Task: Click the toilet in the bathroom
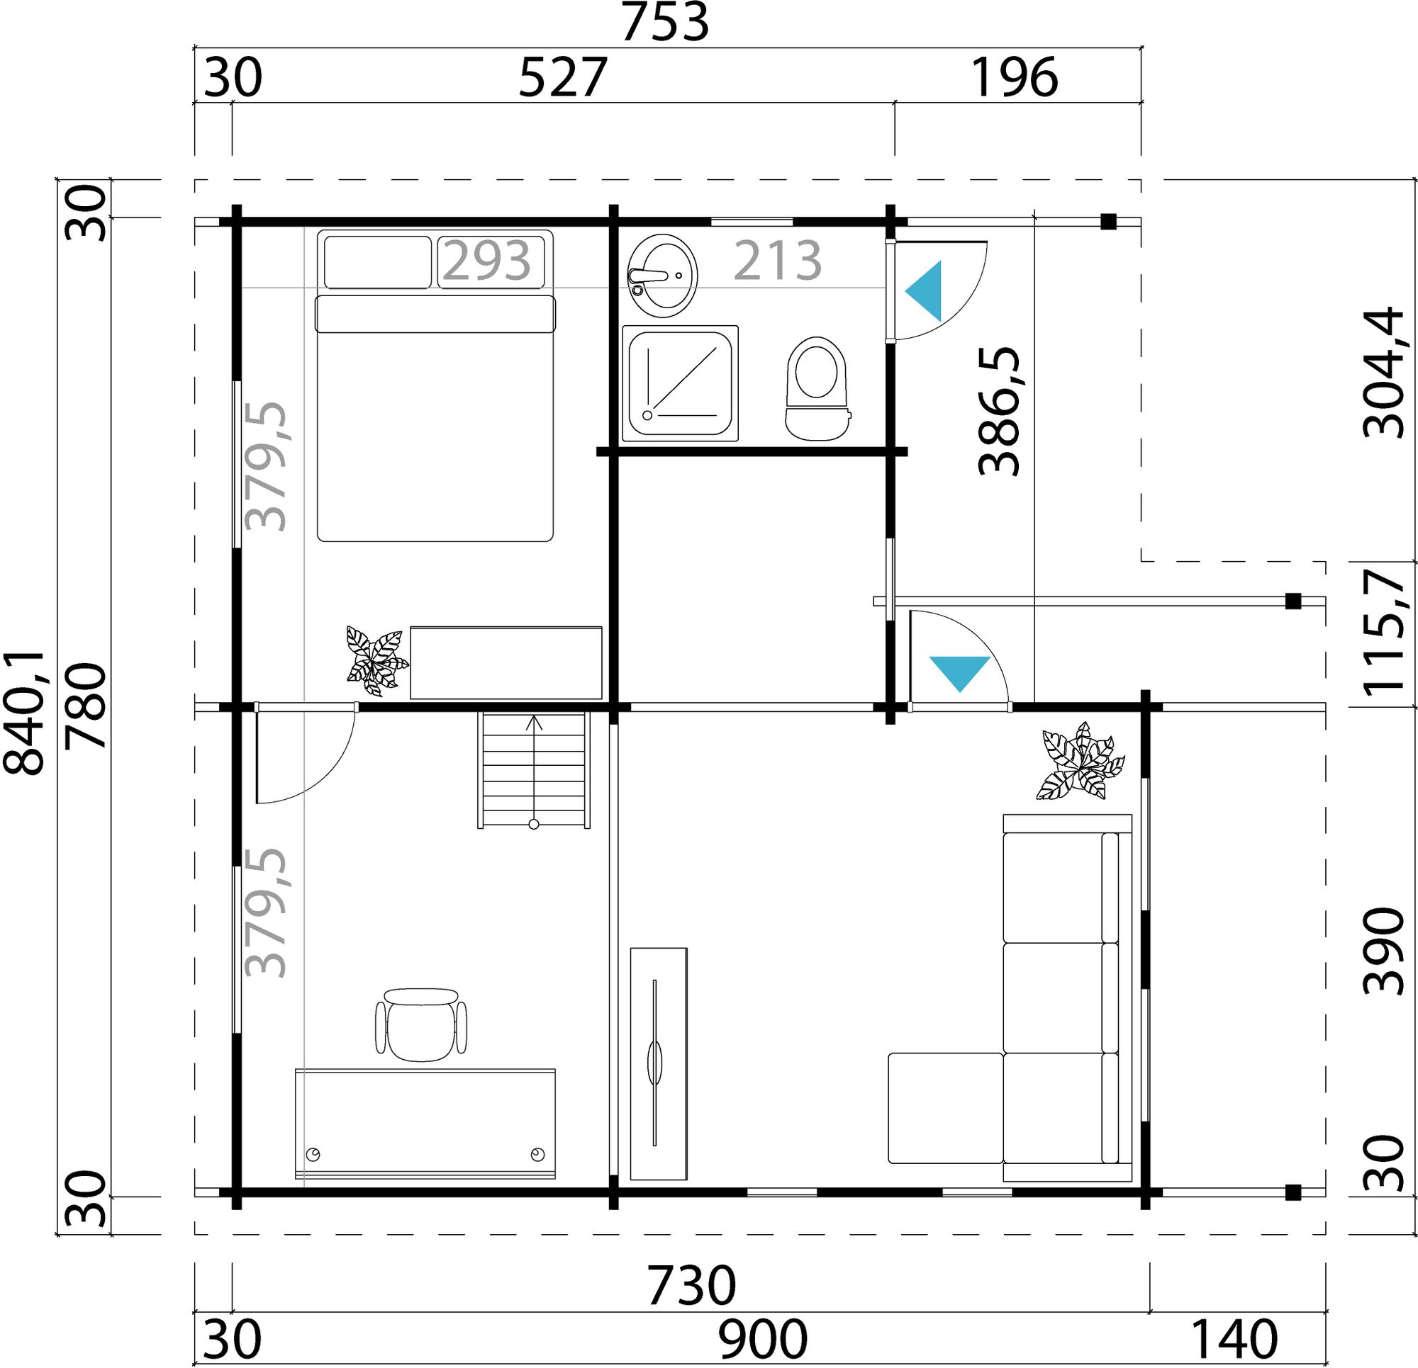pos(816,388)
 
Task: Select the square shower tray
pos(679,383)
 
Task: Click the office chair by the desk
pos(420,1024)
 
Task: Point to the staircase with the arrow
pos(533,770)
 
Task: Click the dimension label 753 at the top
pos(665,23)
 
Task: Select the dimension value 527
pos(562,78)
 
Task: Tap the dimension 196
pos(1014,78)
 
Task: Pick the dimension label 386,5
pos(999,411)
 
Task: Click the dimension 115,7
pos(1383,634)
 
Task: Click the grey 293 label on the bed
pos(487,261)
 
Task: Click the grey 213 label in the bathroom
pos(778,261)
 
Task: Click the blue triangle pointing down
pos(959,672)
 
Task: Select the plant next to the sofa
pos(1080,762)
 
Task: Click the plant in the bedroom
pos(374,657)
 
